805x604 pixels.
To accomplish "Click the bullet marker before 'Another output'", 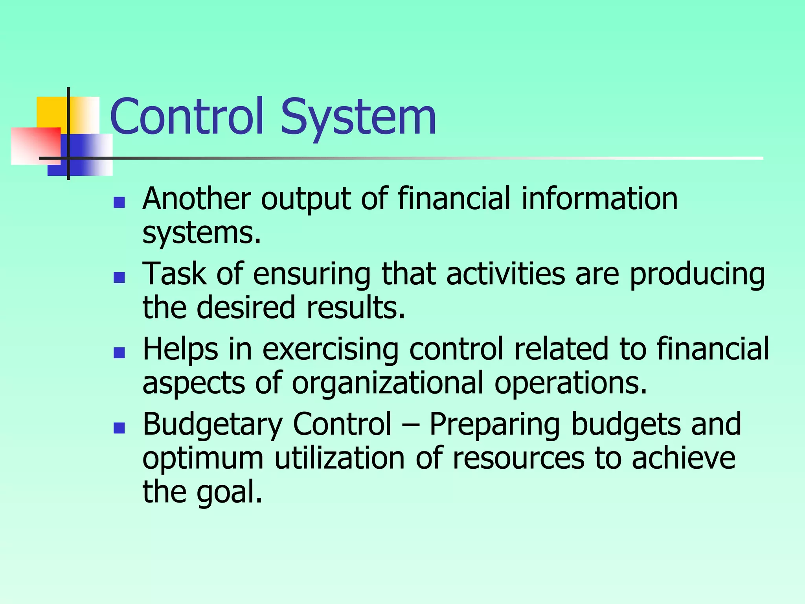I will coord(119,202).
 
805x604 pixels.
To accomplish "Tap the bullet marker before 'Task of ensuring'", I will coord(119,278).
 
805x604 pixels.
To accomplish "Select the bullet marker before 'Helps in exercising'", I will coord(119,353).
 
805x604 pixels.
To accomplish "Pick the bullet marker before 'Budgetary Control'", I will coord(119,428).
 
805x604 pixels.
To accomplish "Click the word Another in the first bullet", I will coord(197,199).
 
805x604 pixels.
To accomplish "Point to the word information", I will coord(599,199).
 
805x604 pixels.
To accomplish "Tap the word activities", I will coord(505,274).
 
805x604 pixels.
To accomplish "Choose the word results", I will coord(355,308).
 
